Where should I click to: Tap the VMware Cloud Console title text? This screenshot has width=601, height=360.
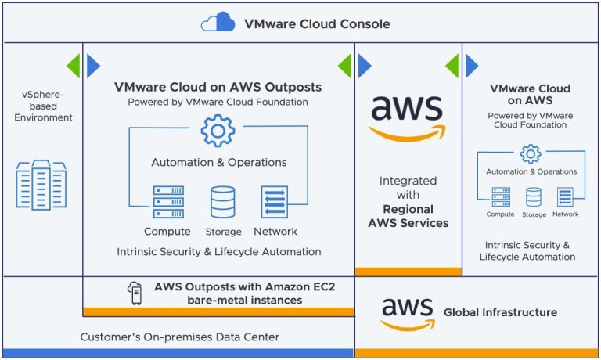(x=317, y=23)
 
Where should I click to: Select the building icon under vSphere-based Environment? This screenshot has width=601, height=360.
(x=41, y=185)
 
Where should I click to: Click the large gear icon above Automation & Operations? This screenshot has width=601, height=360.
(x=218, y=131)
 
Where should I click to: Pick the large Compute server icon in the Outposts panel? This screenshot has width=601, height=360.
(x=168, y=202)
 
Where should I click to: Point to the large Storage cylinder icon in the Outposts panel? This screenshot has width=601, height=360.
(x=223, y=202)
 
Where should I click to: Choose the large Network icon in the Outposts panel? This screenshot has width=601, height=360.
(x=275, y=202)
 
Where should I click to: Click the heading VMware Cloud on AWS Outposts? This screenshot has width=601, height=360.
(x=218, y=87)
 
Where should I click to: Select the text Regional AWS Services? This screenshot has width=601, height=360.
(x=408, y=216)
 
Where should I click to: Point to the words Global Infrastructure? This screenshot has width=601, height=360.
(x=500, y=312)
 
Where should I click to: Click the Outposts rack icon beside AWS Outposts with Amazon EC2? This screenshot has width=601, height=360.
(x=135, y=293)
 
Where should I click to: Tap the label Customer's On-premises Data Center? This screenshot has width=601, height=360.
(x=179, y=337)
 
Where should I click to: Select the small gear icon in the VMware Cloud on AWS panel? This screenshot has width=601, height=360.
(x=531, y=154)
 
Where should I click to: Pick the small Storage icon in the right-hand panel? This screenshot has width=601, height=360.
(x=534, y=197)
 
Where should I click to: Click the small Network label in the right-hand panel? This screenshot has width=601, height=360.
(x=565, y=214)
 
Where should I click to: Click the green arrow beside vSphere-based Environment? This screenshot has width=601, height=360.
(x=74, y=66)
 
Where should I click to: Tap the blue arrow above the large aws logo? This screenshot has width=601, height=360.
(x=365, y=66)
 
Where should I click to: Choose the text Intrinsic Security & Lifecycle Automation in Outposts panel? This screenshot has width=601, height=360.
(x=219, y=252)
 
